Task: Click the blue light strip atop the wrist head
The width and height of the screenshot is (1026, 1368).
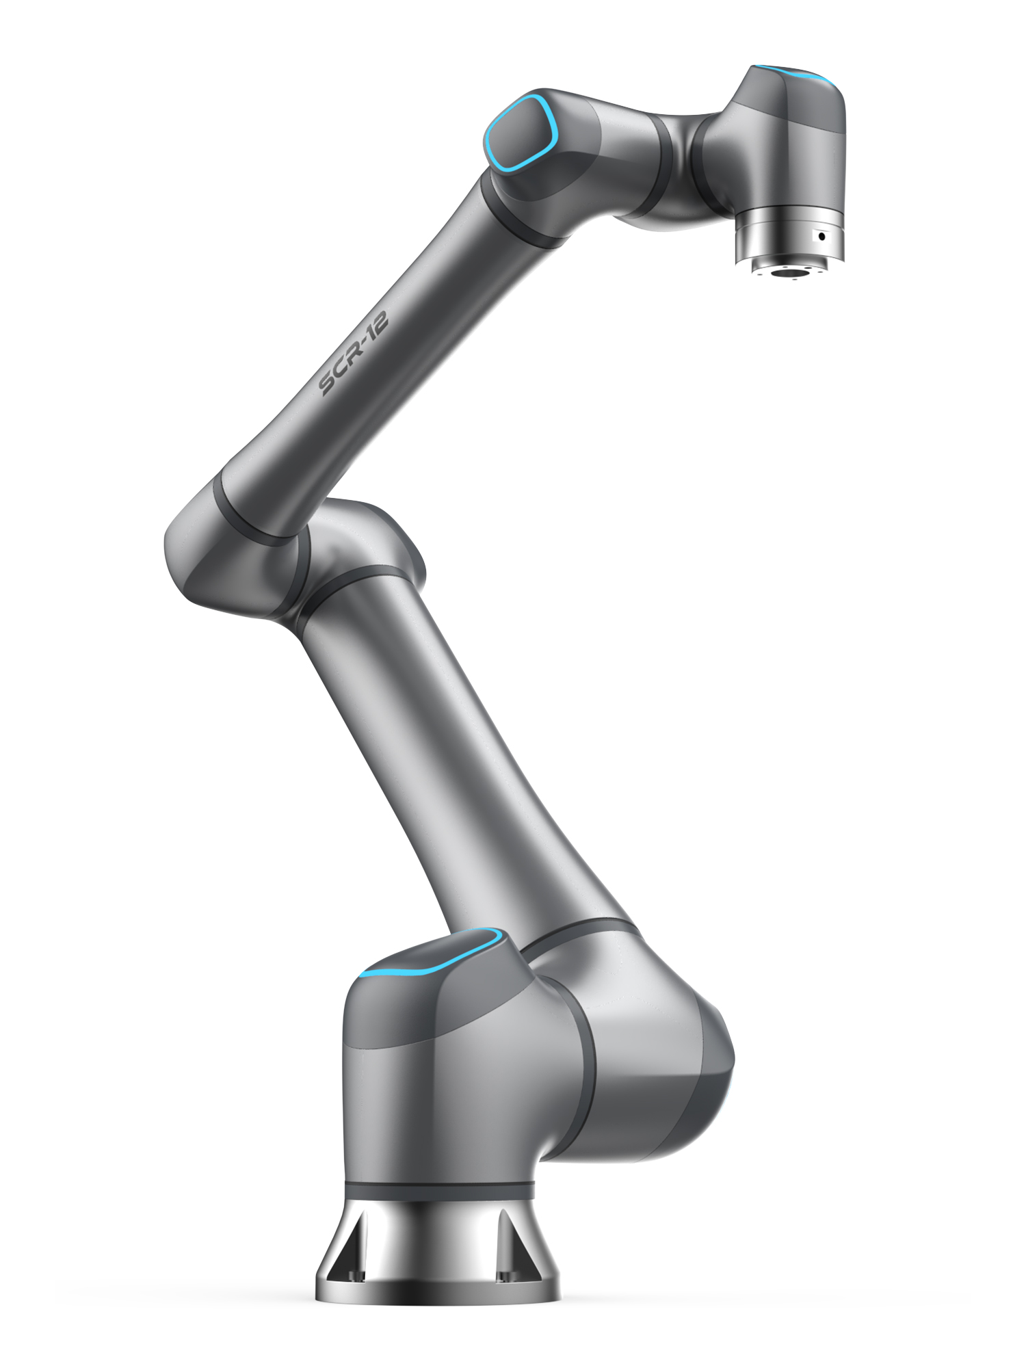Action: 797,74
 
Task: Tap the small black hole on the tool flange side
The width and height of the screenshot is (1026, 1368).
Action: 821,237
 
